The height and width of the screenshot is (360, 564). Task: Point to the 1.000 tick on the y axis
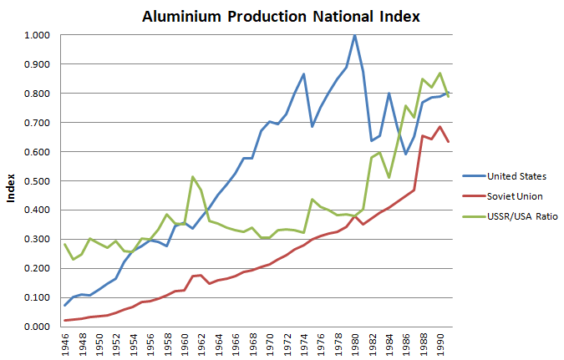click(x=36, y=35)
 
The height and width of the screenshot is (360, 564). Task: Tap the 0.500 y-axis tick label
click(x=36, y=181)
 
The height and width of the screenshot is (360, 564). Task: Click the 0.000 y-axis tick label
click(x=36, y=327)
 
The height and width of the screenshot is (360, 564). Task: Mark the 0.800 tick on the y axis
click(x=36, y=94)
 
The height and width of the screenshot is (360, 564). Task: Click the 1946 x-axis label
click(x=64, y=343)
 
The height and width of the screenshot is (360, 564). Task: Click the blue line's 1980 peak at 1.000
click(x=354, y=35)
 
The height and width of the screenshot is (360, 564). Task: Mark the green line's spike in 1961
click(x=193, y=176)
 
